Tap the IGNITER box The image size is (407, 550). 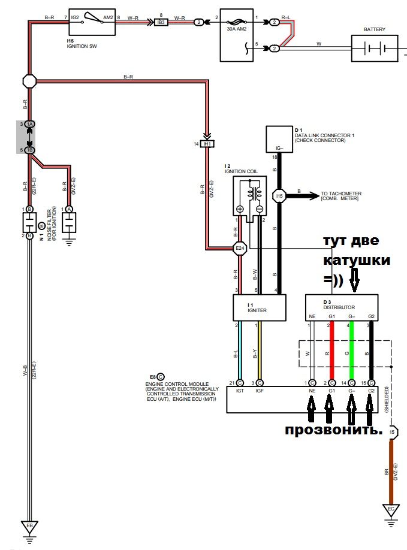pyautogui.click(x=258, y=307)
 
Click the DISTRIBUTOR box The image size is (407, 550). pyautogui.click(x=342, y=304)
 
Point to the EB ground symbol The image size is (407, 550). pyautogui.click(x=29, y=526)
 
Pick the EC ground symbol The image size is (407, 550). pyautogui.click(x=391, y=510)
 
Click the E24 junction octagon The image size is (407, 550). pyautogui.click(x=240, y=248)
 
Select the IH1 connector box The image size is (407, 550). pyautogui.click(x=207, y=144)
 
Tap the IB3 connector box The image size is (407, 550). pyautogui.click(x=161, y=22)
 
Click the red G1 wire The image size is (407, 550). pyautogui.click(x=330, y=353)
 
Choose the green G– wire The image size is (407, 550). pyautogui.click(x=351, y=353)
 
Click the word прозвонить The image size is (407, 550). pyautogui.click(x=333, y=430)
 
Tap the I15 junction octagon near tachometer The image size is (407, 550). pyautogui.click(x=279, y=195)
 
